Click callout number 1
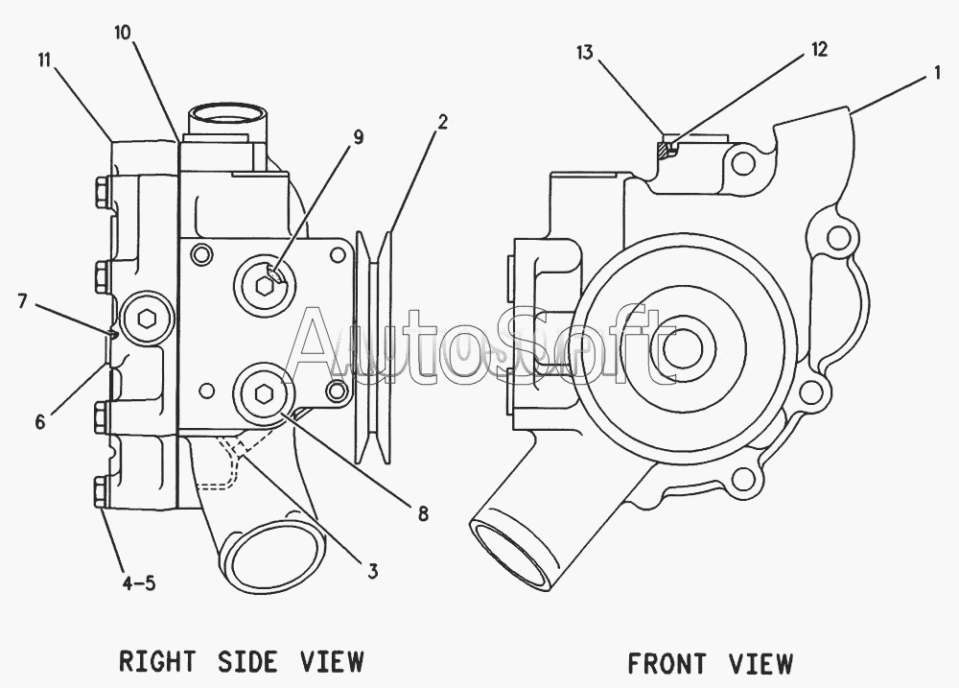pyautogui.click(x=936, y=74)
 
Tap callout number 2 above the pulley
pyautogui.click(x=443, y=122)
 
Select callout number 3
pyautogui.click(x=372, y=571)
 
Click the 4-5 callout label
pyautogui.click(x=139, y=583)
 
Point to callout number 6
pyautogui.click(x=40, y=422)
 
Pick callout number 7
pyautogui.click(x=23, y=301)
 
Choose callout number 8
pyautogui.click(x=423, y=513)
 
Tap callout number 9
pyautogui.click(x=358, y=138)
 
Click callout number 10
pyautogui.click(x=123, y=33)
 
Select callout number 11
pyautogui.click(x=44, y=60)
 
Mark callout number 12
pyautogui.click(x=820, y=49)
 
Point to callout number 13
pyautogui.click(x=585, y=53)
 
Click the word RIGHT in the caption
pyautogui.click(x=157, y=662)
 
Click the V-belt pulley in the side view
pyautogui.click(x=373, y=346)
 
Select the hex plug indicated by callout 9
pyautogui.click(x=265, y=285)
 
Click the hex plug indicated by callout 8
pyautogui.click(x=264, y=393)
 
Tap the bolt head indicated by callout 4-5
pyautogui.click(x=102, y=492)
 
